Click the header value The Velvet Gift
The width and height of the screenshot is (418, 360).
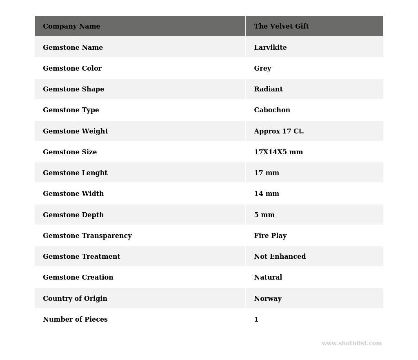[x=281, y=27]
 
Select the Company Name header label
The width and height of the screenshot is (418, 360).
[x=71, y=27]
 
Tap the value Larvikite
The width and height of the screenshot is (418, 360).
[x=270, y=48]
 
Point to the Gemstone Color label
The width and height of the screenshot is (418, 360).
[x=72, y=69]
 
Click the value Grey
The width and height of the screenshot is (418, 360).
[x=262, y=69]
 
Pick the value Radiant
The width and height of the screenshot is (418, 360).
[x=268, y=89]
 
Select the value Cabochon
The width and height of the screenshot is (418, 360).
[x=272, y=110]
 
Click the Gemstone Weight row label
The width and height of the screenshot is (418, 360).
[x=76, y=131]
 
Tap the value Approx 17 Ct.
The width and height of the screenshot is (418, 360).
[x=279, y=131]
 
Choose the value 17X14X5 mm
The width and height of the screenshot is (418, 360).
[x=278, y=152]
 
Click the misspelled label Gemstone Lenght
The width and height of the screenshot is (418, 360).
[x=75, y=173]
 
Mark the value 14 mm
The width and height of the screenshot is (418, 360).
[x=267, y=194]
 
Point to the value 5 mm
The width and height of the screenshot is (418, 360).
[x=264, y=215]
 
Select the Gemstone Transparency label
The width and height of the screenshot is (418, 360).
[x=87, y=236]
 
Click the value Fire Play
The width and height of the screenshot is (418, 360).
[x=270, y=236]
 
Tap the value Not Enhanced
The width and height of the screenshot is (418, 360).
[x=280, y=257]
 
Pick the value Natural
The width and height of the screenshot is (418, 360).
[x=268, y=278]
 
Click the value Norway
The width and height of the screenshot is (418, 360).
[x=268, y=299]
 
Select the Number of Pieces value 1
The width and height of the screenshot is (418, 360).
[x=256, y=320]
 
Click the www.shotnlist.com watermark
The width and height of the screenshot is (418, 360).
[x=351, y=344]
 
